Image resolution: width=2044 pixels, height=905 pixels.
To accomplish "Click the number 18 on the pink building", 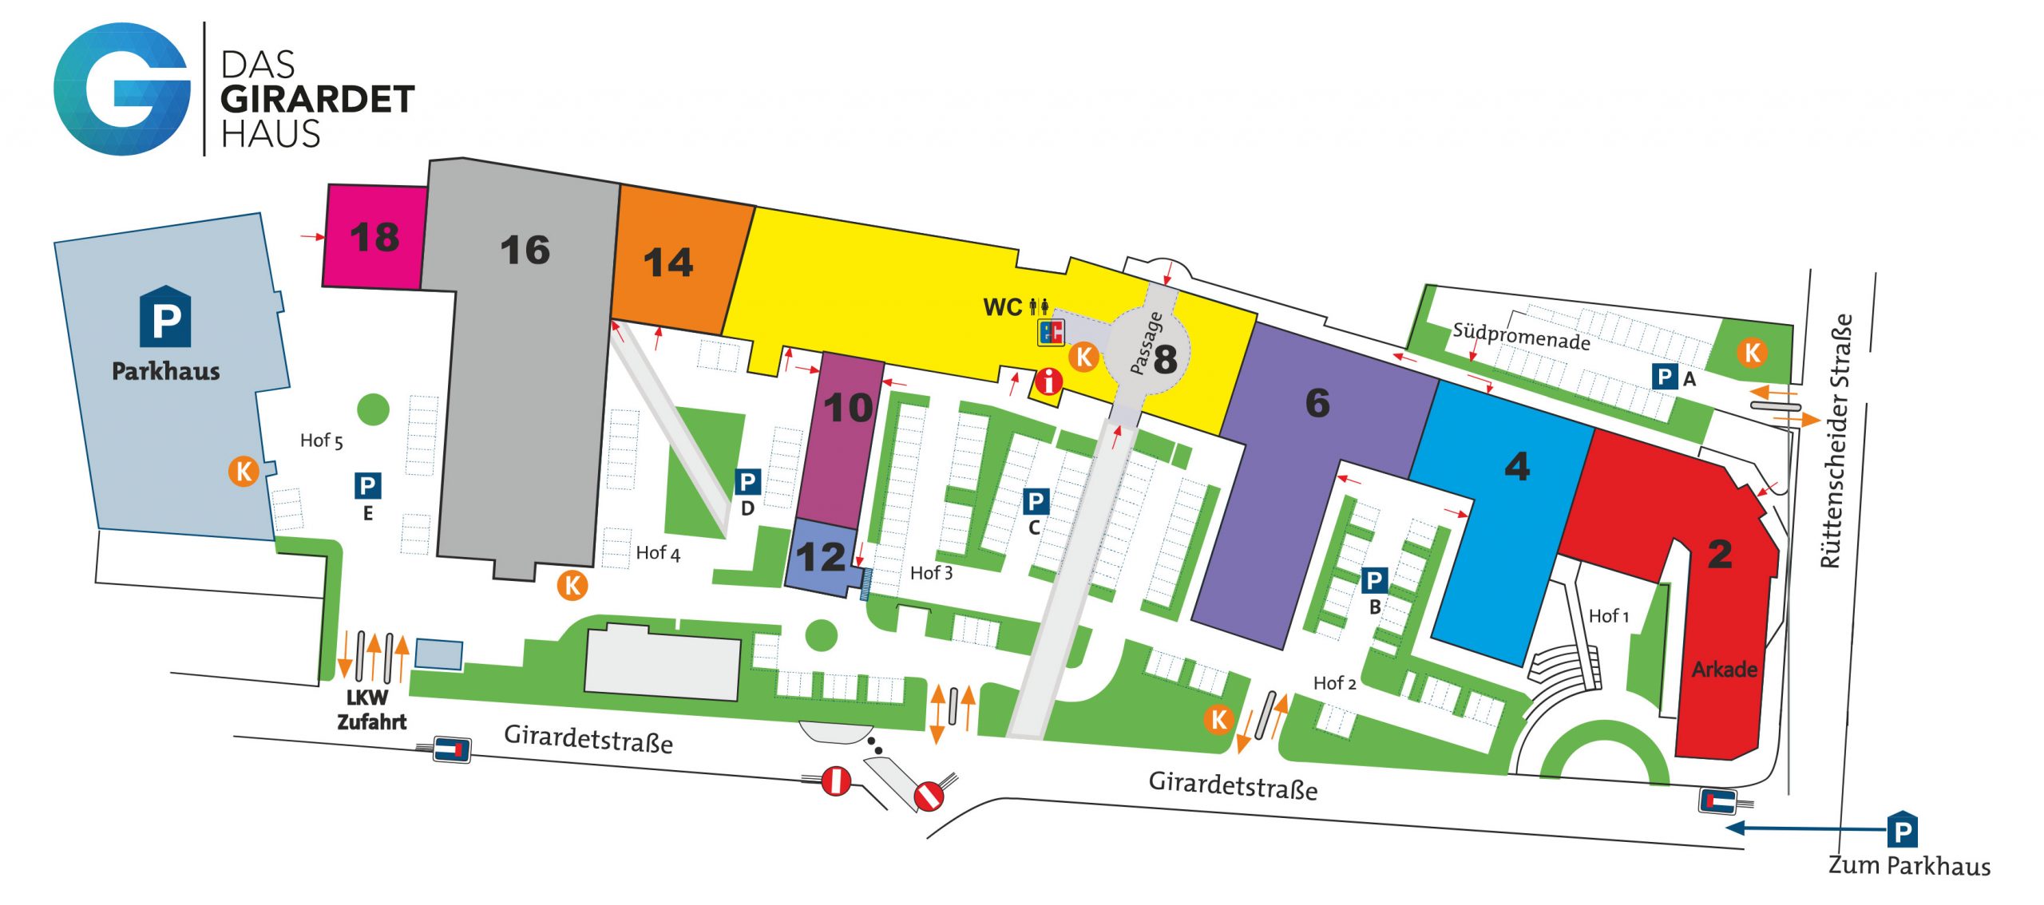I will (x=374, y=237).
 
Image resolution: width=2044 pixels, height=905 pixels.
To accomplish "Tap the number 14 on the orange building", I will (x=667, y=263).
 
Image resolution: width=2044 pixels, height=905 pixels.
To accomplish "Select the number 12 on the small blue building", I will (x=820, y=557).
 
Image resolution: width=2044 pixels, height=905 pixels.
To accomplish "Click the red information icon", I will (x=1048, y=381).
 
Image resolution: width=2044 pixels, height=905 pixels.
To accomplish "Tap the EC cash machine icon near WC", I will (x=1051, y=331).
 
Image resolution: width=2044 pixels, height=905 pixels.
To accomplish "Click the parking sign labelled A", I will (x=1665, y=377).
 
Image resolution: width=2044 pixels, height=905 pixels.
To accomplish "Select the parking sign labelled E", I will (x=367, y=485).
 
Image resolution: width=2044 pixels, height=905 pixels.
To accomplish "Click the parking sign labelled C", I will (x=1035, y=501).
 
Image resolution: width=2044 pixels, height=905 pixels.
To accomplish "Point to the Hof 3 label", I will (x=931, y=573).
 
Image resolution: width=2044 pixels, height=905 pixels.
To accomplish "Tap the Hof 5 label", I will (x=321, y=441).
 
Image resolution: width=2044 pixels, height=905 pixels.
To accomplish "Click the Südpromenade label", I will (x=1520, y=336).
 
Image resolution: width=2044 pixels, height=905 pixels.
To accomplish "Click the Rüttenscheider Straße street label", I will (x=1836, y=441).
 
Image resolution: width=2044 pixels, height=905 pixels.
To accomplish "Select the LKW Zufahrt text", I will (x=371, y=709).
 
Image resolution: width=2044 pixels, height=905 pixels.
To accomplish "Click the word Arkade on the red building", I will (x=1724, y=669).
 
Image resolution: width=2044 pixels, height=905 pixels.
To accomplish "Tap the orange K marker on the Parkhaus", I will (x=244, y=471).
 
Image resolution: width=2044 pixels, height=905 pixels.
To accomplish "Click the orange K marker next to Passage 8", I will (x=1083, y=357).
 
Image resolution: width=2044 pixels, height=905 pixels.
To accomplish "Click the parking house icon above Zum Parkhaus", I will (x=1902, y=830).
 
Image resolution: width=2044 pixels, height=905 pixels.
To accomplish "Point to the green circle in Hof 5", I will (x=373, y=409).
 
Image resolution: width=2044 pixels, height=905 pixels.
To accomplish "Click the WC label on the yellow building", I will (x=1003, y=307).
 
